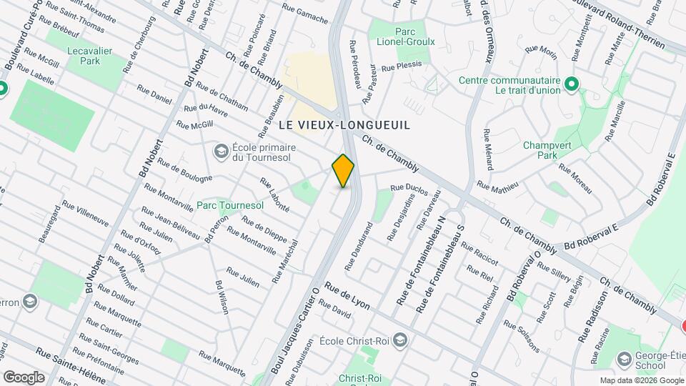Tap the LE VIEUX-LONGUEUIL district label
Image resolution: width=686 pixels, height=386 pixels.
point(344,125)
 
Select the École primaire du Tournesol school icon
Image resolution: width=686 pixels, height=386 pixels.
point(222,151)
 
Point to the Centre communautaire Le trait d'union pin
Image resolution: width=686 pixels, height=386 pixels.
point(571,85)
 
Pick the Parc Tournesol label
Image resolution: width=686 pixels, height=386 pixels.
point(230,205)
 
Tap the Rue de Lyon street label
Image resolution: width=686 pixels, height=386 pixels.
point(347,295)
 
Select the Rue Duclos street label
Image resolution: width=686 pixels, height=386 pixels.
point(409,189)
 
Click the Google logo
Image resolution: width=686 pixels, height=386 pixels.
point(24,377)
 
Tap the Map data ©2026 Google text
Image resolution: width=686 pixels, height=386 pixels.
point(641,380)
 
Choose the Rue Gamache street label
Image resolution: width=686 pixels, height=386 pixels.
point(304,11)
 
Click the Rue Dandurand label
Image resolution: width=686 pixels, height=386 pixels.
point(359,246)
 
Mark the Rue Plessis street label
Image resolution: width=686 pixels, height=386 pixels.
point(402,66)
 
